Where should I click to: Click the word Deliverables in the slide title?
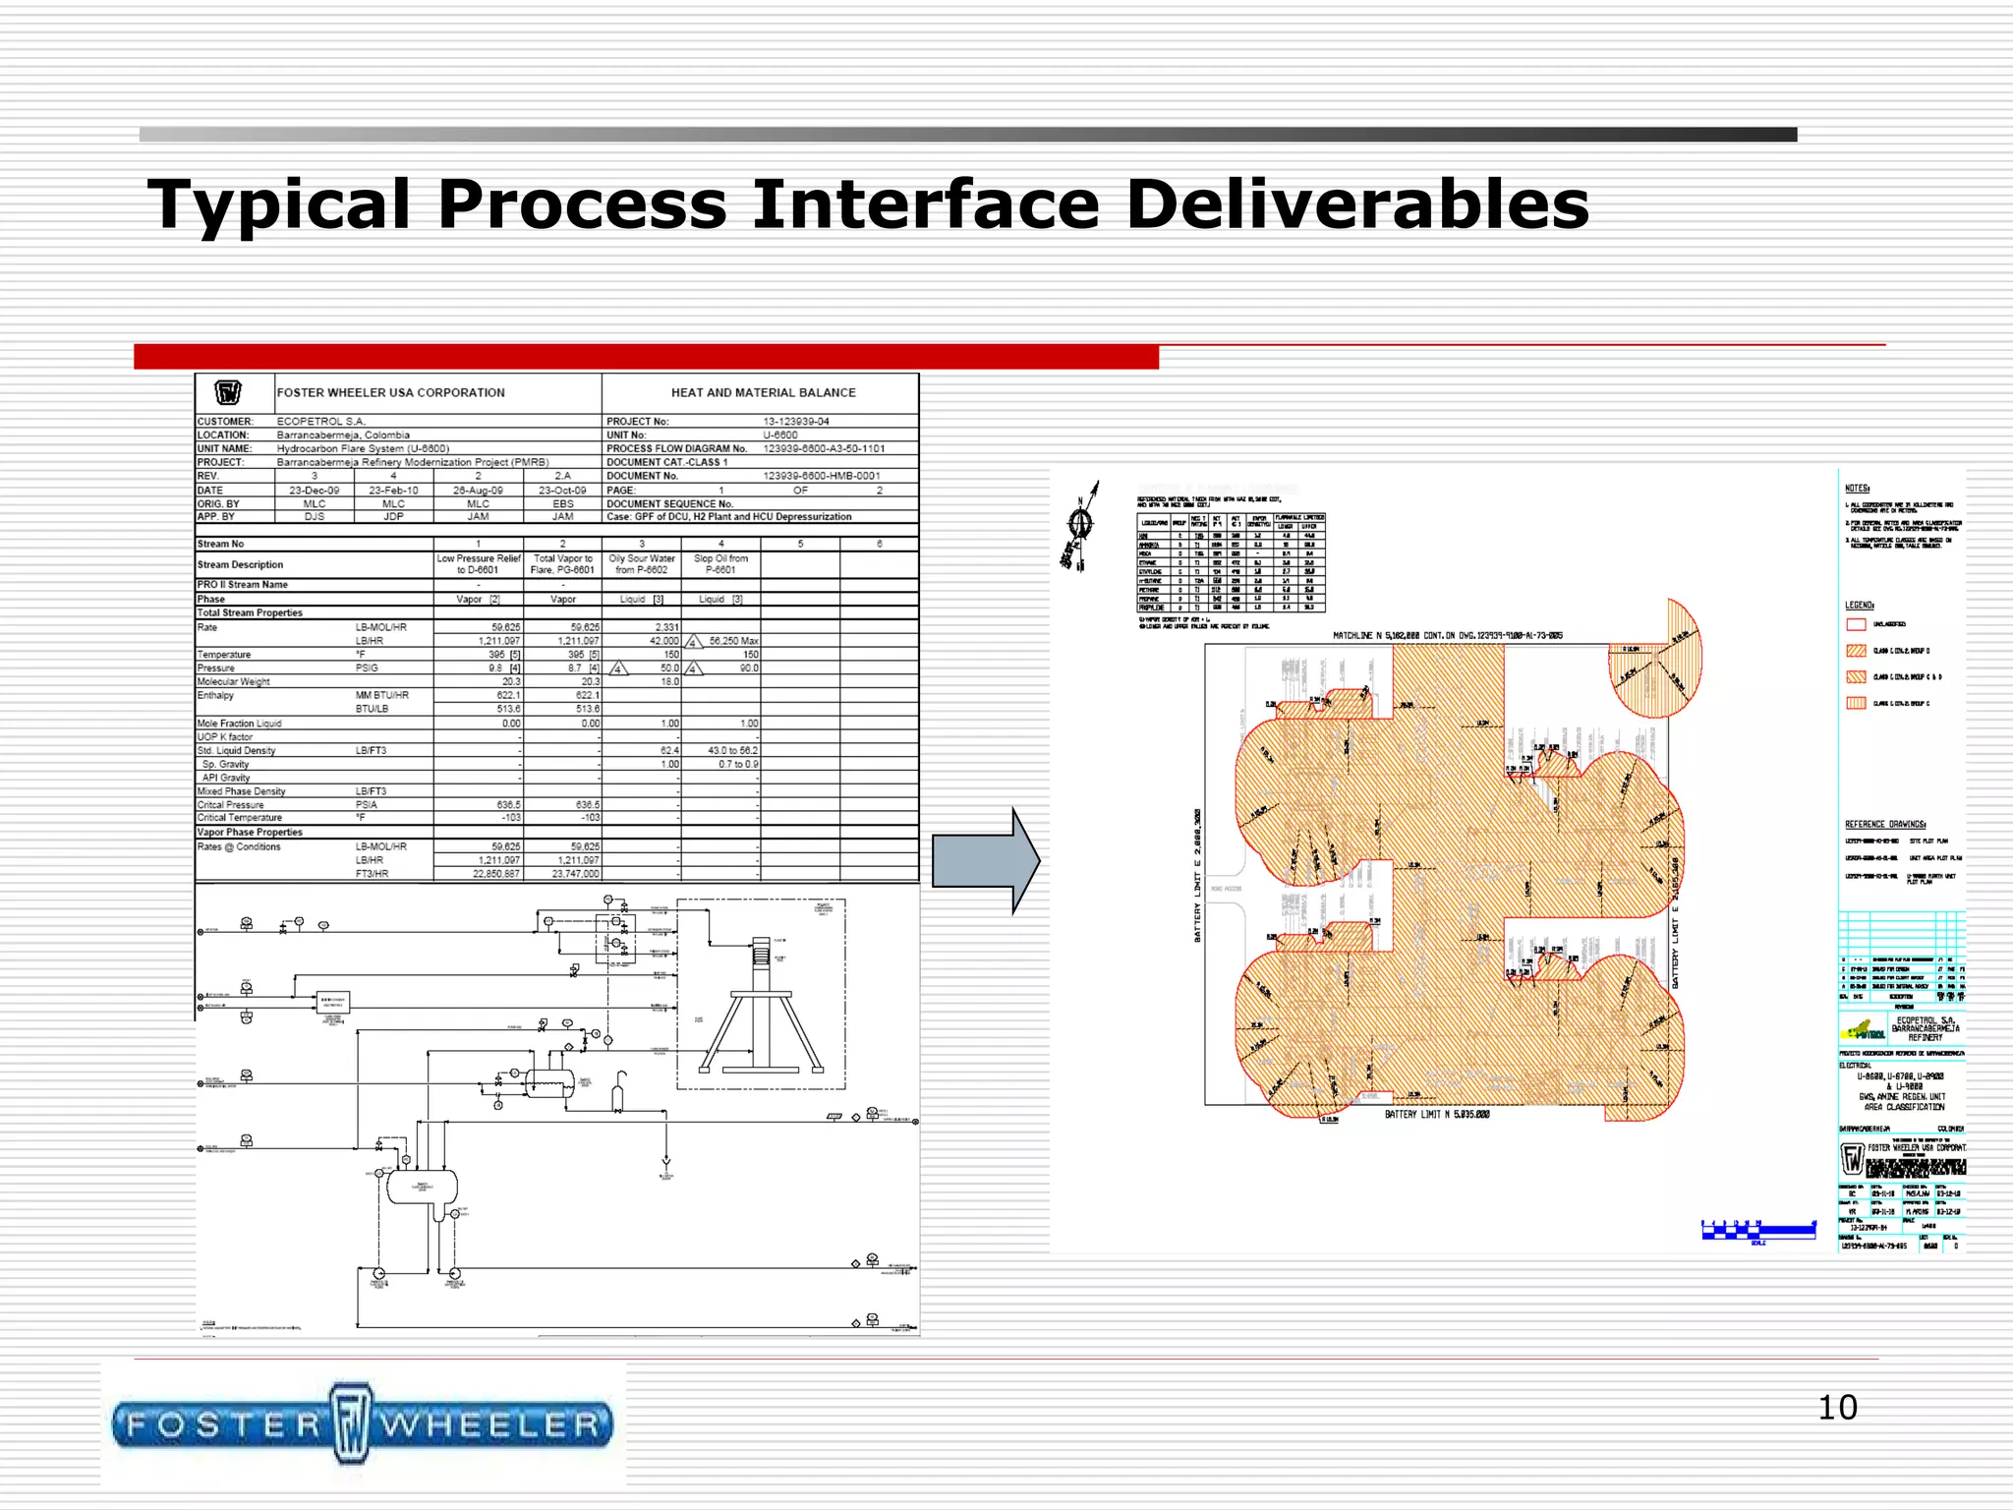1356,204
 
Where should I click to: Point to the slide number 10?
1837,1407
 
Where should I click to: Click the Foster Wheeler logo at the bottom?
363,1424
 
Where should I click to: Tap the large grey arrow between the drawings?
985,861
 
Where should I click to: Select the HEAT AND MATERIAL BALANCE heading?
763,392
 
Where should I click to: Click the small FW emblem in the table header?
228,393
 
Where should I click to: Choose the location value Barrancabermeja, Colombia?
343,435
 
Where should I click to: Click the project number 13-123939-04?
796,422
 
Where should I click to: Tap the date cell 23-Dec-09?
314,490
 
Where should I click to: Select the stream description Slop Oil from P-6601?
720,563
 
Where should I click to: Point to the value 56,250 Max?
733,641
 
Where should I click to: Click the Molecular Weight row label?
233,681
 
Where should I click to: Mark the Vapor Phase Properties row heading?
250,832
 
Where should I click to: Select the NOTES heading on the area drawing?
1857,489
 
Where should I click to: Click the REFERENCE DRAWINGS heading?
1885,824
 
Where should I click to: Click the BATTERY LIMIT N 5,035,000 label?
1437,1115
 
